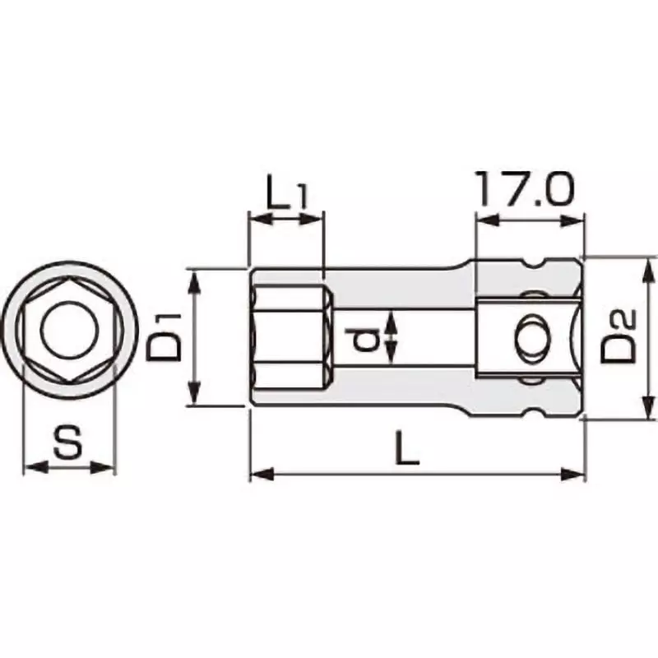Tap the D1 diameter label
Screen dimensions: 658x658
[x=167, y=336]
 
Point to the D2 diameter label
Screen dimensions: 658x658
[x=619, y=336]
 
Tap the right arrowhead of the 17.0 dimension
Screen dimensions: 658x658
[x=576, y=220]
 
